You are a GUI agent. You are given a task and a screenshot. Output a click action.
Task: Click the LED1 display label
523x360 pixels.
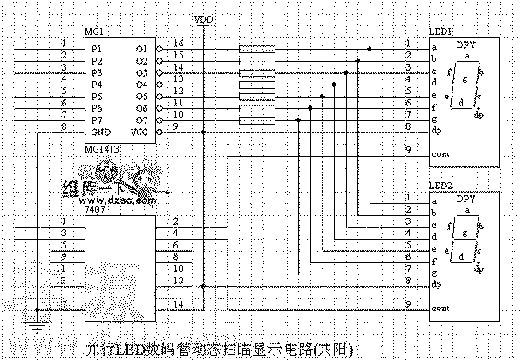click(440, 31)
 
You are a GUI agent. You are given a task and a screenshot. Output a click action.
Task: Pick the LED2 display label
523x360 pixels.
click(440, 188)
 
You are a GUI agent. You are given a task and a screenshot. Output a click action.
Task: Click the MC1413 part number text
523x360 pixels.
click(102, 149)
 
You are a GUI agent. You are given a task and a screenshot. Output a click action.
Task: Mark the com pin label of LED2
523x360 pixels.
click(440, 308)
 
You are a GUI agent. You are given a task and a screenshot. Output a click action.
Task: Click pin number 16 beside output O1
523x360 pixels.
click(178, 44)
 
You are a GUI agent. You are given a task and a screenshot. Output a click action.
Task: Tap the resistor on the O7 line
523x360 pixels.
click(257, 119)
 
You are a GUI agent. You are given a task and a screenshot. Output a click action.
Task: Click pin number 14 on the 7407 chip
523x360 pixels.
click(178, 302)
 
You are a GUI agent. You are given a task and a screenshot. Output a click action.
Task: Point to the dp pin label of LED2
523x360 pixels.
click(435, 285)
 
